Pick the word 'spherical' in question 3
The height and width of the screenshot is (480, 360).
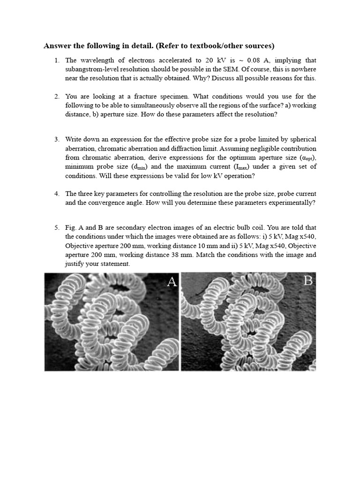click(x=301, y=139)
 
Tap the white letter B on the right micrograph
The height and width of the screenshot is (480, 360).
click(x=308, y=281)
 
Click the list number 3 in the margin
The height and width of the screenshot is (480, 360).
click(x=56, y=139)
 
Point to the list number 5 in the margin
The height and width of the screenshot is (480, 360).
click(x=56, y=228)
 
